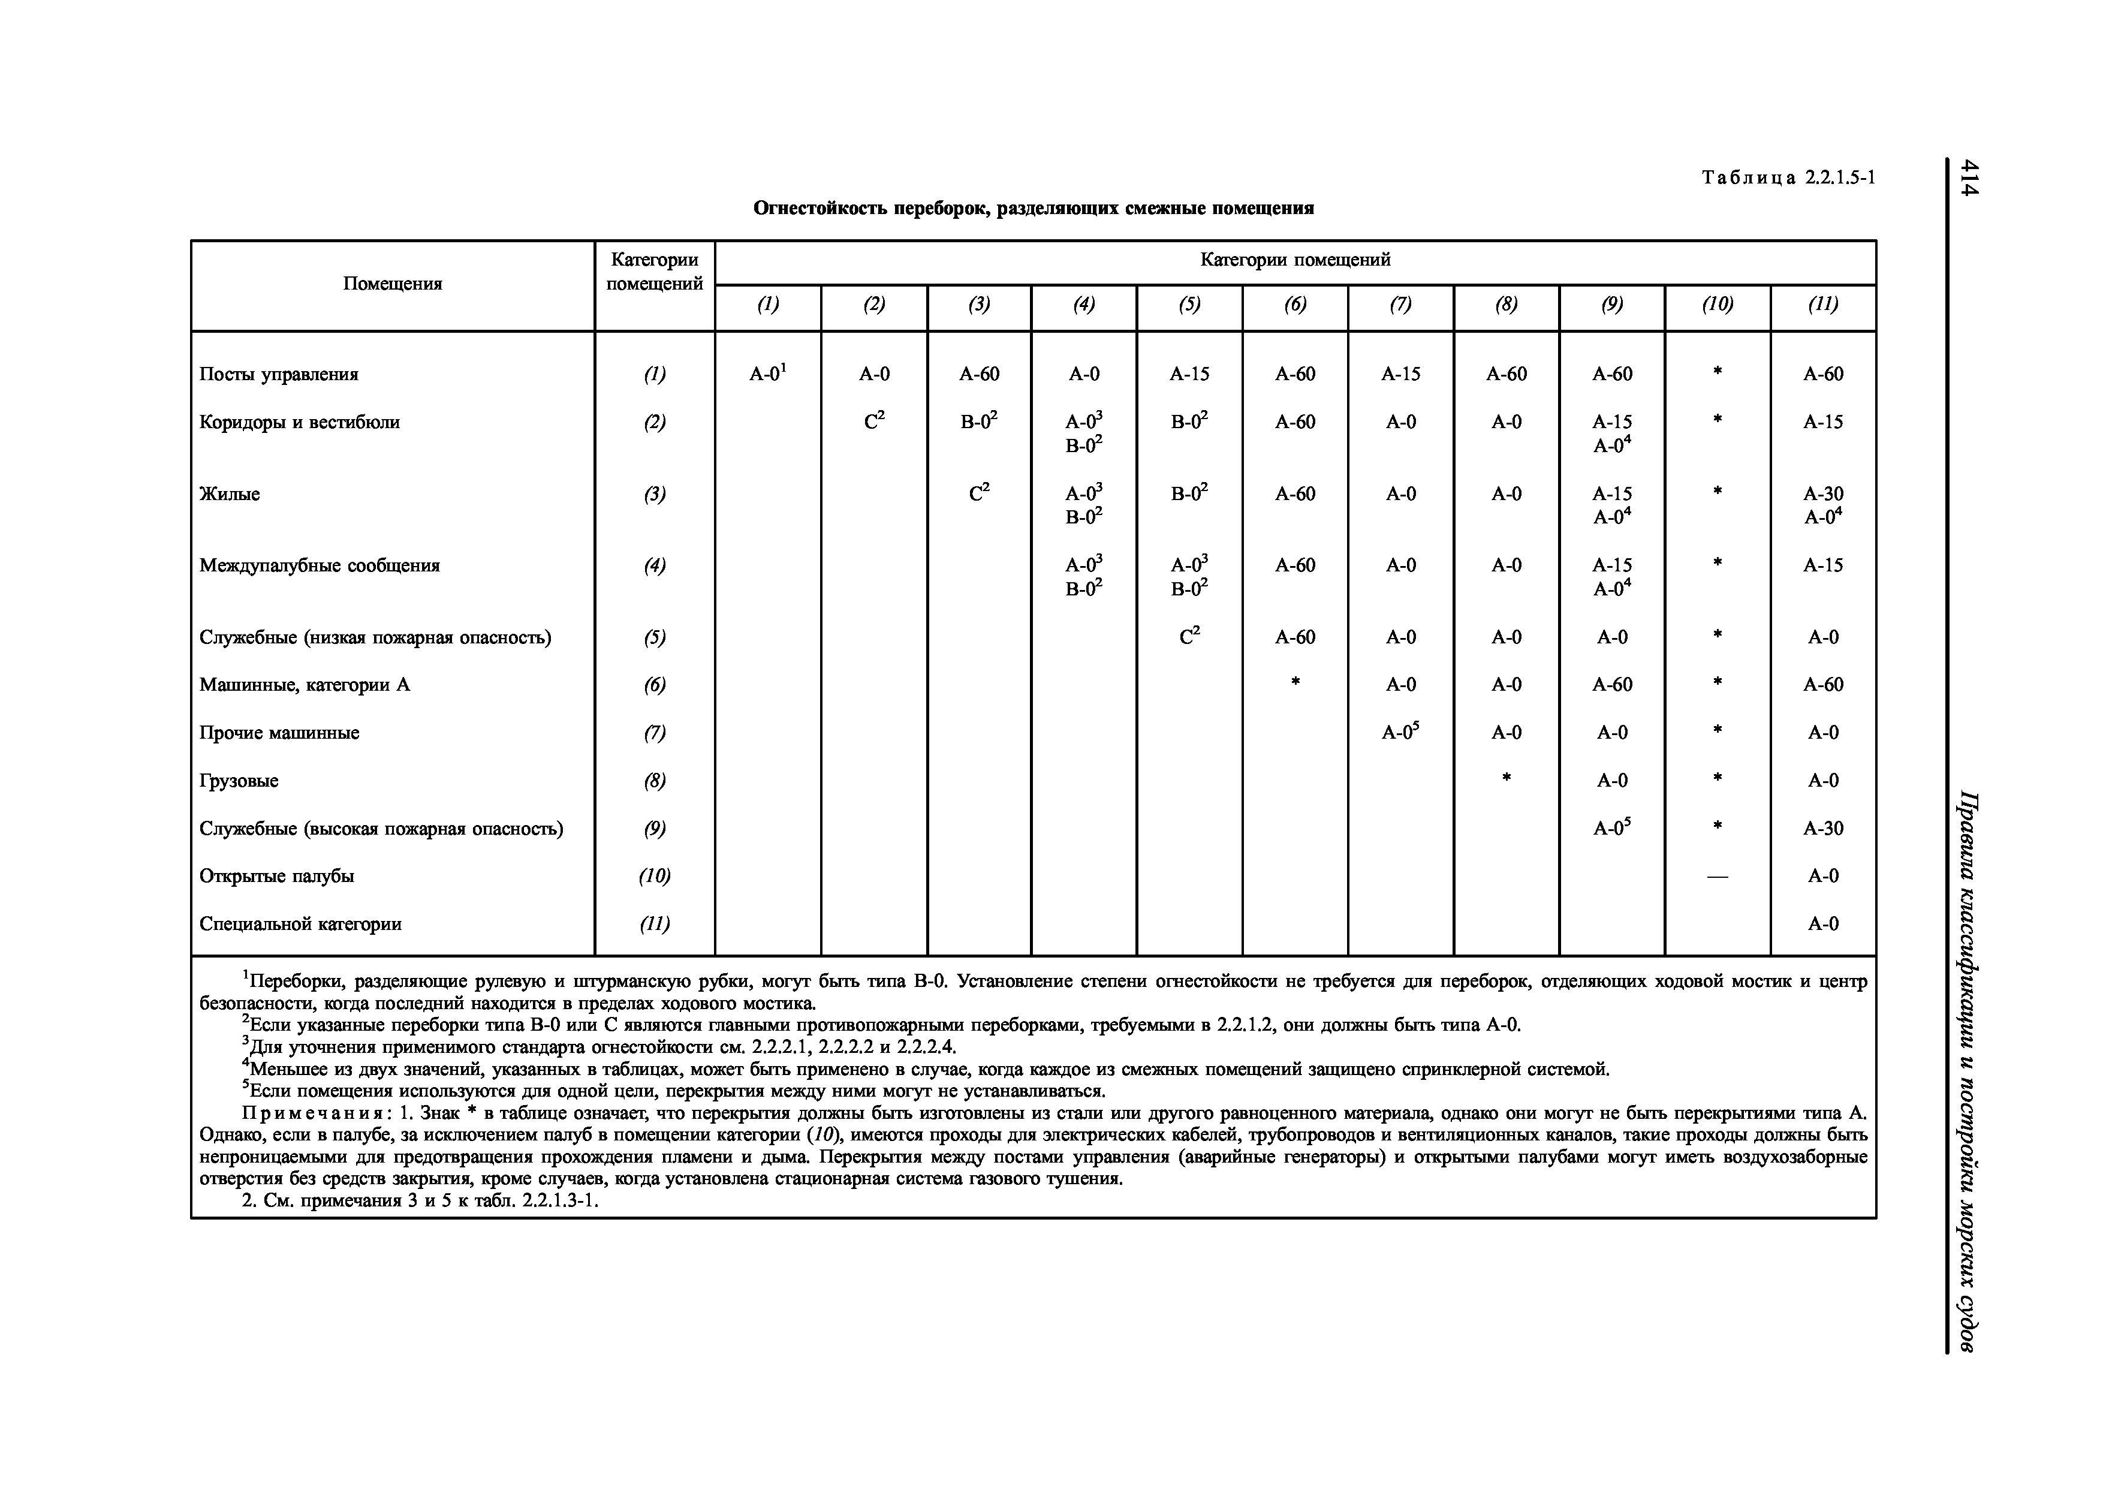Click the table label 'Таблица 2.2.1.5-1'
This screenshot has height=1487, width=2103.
tap(1788, 177)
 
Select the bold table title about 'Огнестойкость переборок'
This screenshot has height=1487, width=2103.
tap(1033, 209)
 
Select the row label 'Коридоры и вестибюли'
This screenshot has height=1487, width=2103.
tap(300, 422)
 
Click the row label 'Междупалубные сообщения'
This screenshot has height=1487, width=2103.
tap(320, 565)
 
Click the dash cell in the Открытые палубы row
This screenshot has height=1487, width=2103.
tap(1718, 877)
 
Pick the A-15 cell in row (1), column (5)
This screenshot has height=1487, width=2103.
tap(1189, 374)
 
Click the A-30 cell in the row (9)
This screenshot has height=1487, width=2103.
tap(1822, 828)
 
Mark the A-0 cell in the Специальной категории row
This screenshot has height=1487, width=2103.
tap(1822, 923)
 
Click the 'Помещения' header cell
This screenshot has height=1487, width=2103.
tap(392, 284)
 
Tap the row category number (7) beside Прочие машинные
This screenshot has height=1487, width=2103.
tap(654, 733)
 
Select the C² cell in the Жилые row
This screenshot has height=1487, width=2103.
tap(979, 494)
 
